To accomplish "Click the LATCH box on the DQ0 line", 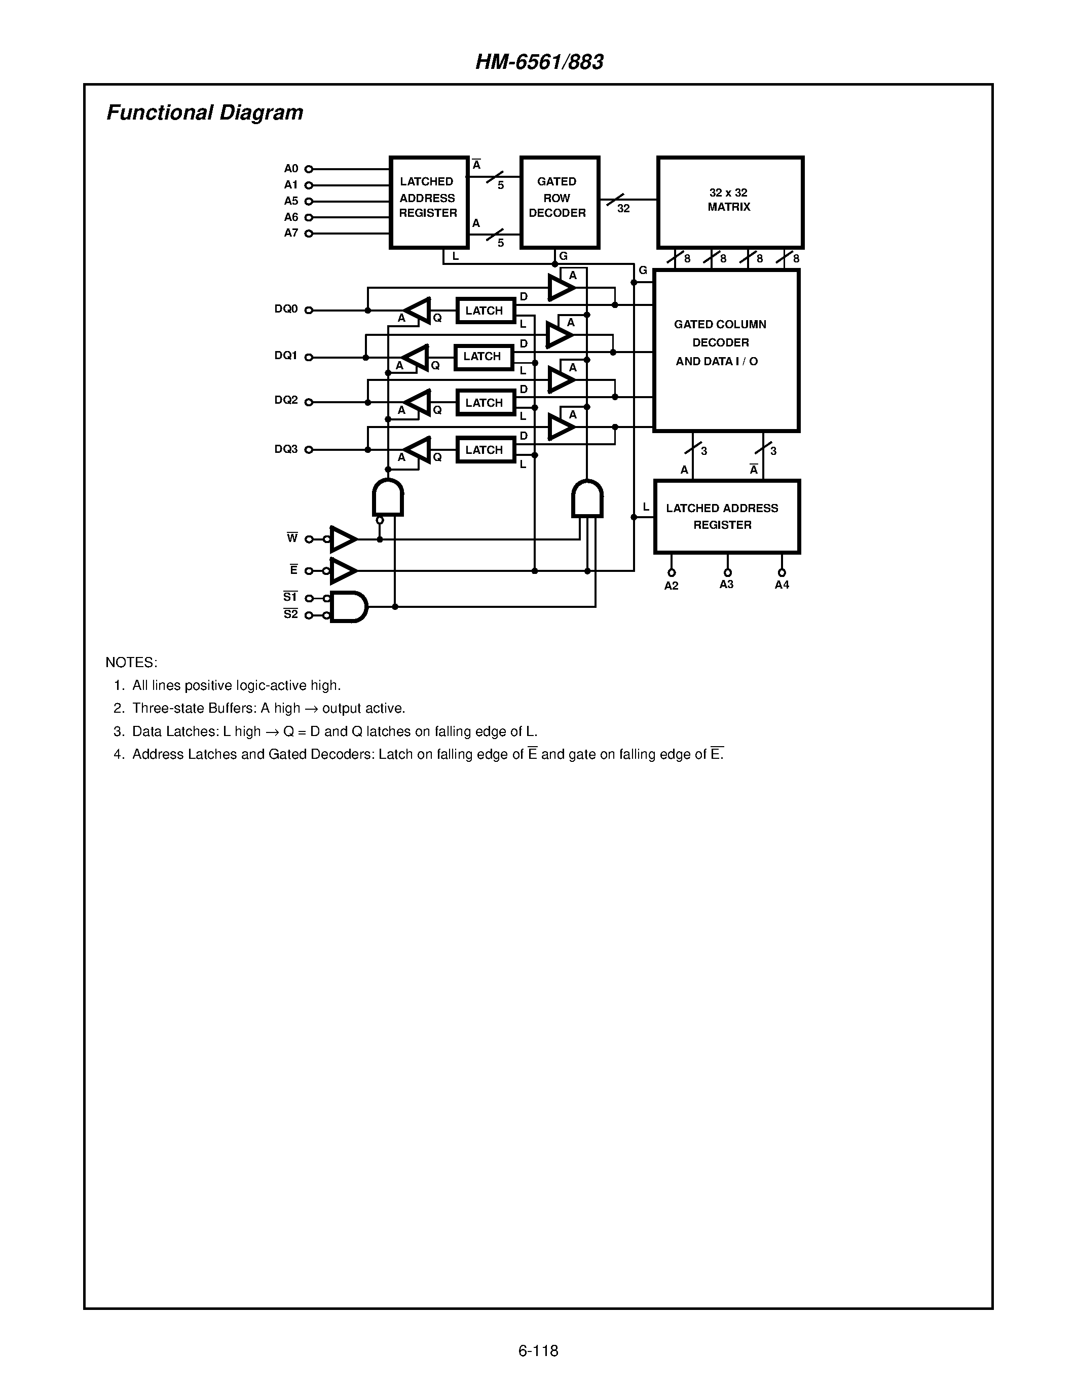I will click(x=485, y=311).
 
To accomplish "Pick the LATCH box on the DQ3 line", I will click(x=485, y=450).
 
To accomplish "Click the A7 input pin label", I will click(x=291, y=234).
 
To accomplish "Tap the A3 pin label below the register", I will click(x=726, y=584).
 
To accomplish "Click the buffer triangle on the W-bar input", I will click(x=342, y=539).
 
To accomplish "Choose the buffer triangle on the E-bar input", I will click(x=342, y=571).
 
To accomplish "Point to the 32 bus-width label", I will click(x=623, y=209).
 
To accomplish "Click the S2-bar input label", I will click(x=290, y=614).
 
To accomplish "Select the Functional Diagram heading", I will click(x=204, y=112).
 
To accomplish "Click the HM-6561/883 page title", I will click(x=539, y=62).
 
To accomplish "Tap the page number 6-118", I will click(x=538, y=1350).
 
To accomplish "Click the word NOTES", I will click(x=131, y=662).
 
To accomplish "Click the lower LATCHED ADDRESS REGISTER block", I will click(x=726, y=517).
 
